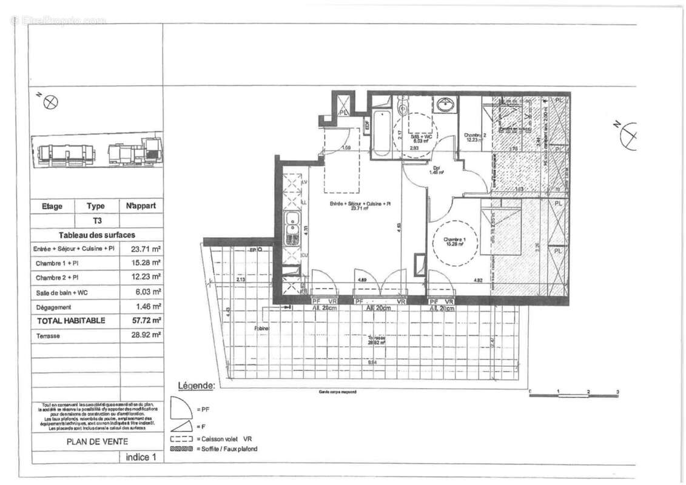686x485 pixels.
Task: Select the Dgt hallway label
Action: pyautogui.click(x=437, y=170)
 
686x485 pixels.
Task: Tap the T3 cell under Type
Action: pyautogui.click(x=97, y=221)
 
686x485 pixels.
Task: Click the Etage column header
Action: pyautogui.click(x=52, y=206)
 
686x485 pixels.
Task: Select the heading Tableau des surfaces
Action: pyautogui.click(x=97, y=235)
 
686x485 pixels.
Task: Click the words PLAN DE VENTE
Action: pyautogui.click(x=97, y=442)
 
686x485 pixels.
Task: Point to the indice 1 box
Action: pyautogui.click(x=141, y=457)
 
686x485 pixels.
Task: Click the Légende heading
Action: pyautogui.click(x=195, y=386)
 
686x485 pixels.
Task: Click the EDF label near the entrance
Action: pyautogui.click(x=367, y=125)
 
